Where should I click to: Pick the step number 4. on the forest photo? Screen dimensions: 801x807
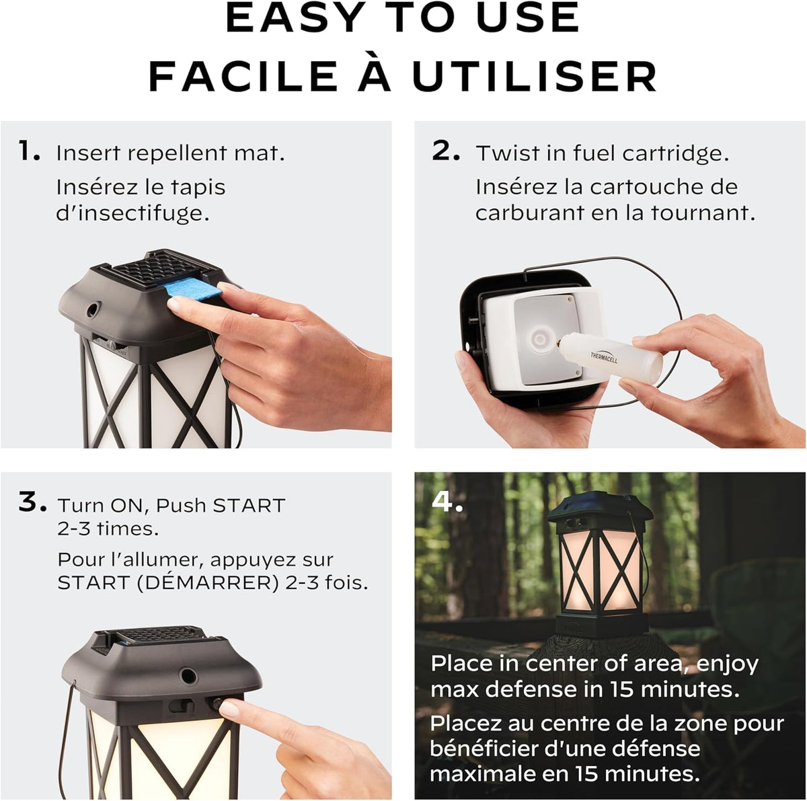click(447, 501)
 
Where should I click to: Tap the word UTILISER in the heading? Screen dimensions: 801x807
click(535, 77)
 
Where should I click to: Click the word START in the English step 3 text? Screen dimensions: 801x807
click(249, 505)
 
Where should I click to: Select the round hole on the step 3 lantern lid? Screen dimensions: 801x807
click(188, 676)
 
